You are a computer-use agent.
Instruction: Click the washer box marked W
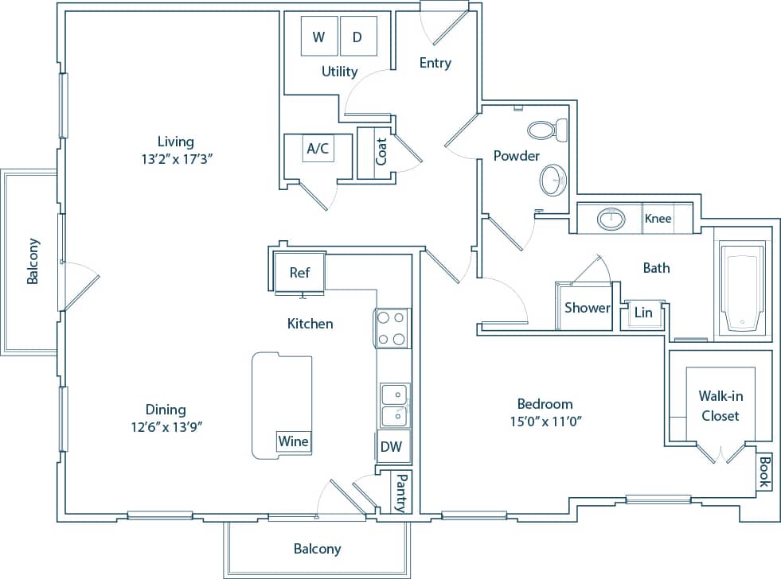tap(319, 37)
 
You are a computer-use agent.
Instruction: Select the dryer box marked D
tap(357, 37)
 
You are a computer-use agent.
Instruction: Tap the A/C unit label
tap(318, 148)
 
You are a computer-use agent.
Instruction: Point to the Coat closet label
tap(381, 152)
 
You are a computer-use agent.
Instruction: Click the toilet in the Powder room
tap(548, 129)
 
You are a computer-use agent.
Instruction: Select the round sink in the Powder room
tap(552, 180)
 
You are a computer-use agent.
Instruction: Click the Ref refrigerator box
tap(299, 273)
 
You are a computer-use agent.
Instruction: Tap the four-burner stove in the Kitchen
tap(392, 328)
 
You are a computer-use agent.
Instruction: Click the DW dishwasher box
tap(391, 447)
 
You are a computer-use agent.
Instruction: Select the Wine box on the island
tap(293, 441)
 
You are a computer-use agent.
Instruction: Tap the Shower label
tap(587, 308)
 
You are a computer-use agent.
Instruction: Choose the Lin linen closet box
tap(643, 313)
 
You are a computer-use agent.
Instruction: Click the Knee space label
tap(658, 219)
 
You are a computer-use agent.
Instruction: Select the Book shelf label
tap(763, 472)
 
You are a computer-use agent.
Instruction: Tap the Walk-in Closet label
tap(720, 406)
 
